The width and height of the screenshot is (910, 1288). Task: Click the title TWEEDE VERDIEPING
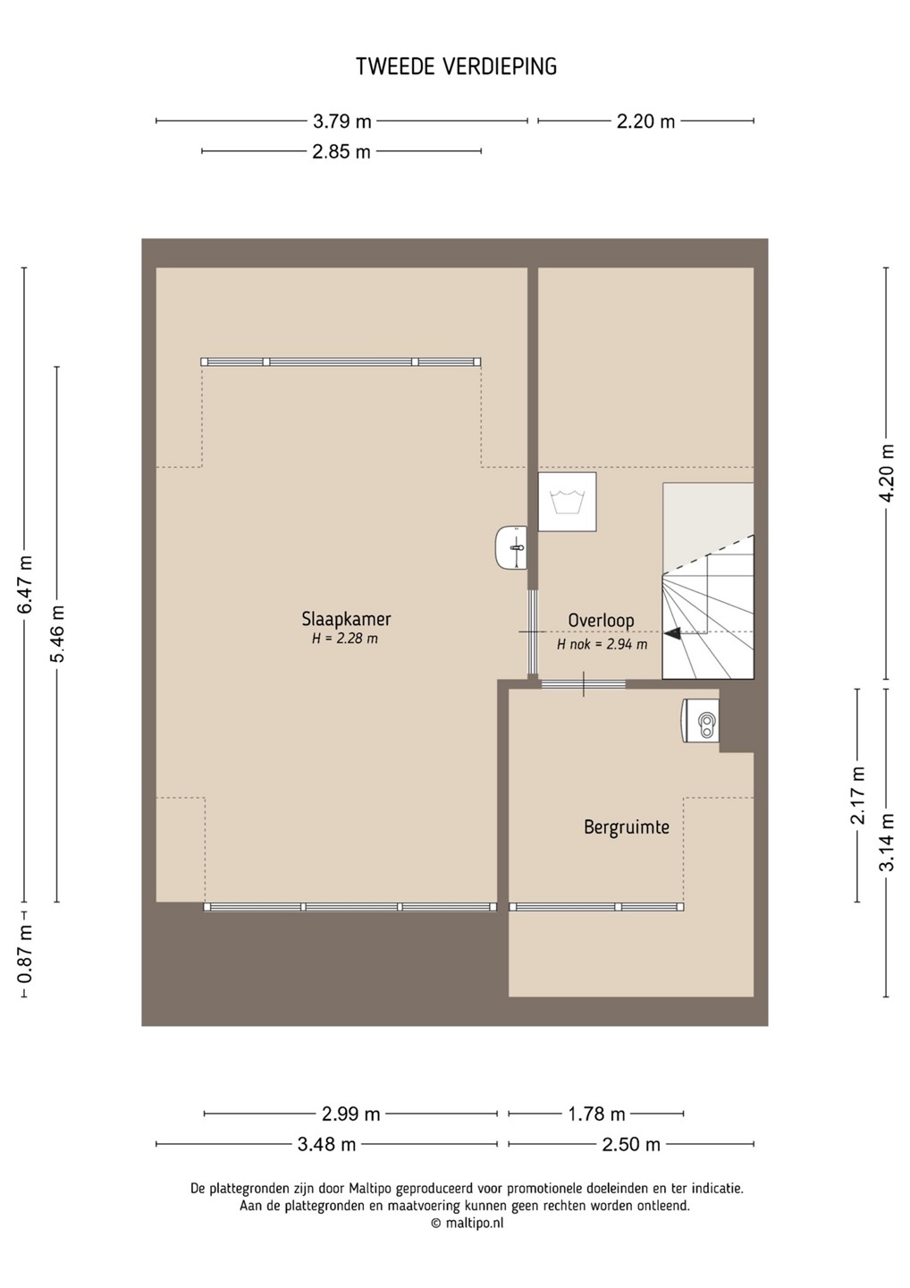(x=456, y=67)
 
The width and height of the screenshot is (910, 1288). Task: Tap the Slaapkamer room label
(x=346, y=619)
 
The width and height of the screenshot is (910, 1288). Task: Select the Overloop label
(x=601, y=621)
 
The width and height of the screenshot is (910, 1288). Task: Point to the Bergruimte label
(x=627, y=827)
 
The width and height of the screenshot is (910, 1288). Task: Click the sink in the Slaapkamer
(x=511, y=548)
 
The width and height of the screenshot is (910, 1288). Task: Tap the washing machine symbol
(x=567, y=502)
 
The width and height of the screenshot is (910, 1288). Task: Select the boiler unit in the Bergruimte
(x=700, y=721)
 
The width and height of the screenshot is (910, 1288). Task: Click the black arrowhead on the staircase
(x=672, y=633)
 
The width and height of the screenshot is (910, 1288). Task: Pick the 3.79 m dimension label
(x=341, y=122)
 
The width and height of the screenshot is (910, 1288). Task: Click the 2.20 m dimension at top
(x=645, y=122)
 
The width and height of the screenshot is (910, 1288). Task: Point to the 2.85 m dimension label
(x=341, y=152)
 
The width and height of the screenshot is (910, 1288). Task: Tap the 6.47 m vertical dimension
(x=24, y=584)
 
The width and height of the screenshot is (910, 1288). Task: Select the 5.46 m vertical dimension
(x=57, y=633)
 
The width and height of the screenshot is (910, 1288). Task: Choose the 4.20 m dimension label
(x=887, y=473)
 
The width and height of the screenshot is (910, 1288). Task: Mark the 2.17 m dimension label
(x=858, y=796)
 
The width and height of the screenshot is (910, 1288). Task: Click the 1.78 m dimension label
(x=596, y=1114)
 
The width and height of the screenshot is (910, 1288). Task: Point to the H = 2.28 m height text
(x=345, y=639)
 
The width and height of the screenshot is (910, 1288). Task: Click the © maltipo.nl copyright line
(x=467, y=1221)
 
